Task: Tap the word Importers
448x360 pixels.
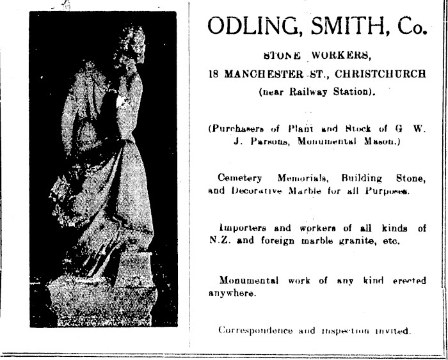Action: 241,228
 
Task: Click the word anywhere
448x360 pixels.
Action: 230,294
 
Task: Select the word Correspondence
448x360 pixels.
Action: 255,331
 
